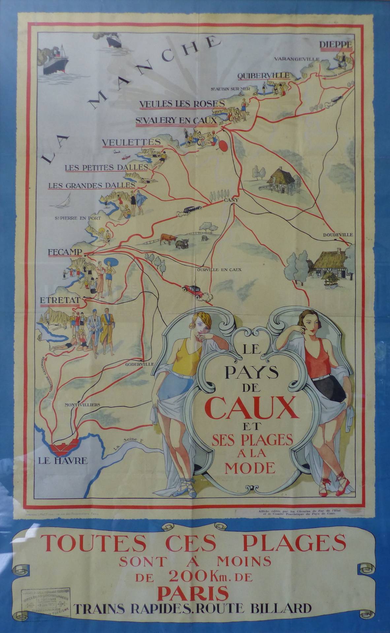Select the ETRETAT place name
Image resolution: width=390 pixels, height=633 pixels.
[x=60, y=300]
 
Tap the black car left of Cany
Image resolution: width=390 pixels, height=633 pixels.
[x=189, y=210]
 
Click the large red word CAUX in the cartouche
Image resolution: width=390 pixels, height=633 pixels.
[x=250, y=408]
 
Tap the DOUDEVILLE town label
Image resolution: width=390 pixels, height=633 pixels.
[x=338, y=234]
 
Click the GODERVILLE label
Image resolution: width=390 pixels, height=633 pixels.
[x=140, y=364]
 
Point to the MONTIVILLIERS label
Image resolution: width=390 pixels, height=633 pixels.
[x=82, y=405]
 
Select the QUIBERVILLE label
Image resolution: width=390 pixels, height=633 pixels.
[x=263, y=75]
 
